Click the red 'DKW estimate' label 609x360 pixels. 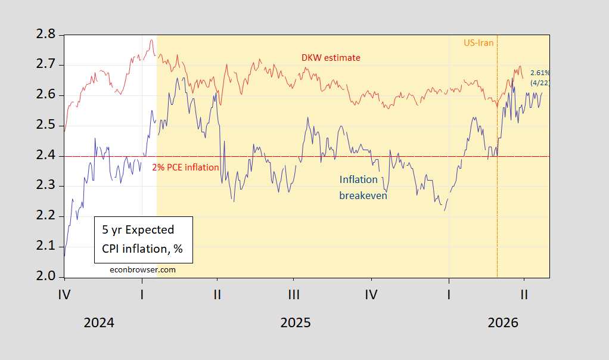click(331, 57)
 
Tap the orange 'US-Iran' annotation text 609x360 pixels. click(479, 43)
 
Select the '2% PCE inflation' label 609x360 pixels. click(185, 167)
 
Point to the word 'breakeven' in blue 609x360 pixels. click(363, 195)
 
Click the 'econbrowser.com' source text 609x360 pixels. click(143, 269)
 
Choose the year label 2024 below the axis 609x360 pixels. click(100, 323)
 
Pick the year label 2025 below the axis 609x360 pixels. click(296, 323)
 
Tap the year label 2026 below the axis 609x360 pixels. click(504, 323)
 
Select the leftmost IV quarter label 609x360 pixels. click(64, 294)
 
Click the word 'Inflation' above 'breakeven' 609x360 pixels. click(359, 179)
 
